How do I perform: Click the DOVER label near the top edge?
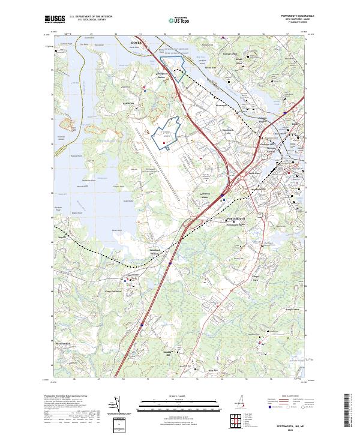coord(138,43)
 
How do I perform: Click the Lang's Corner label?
coord(292,310)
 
